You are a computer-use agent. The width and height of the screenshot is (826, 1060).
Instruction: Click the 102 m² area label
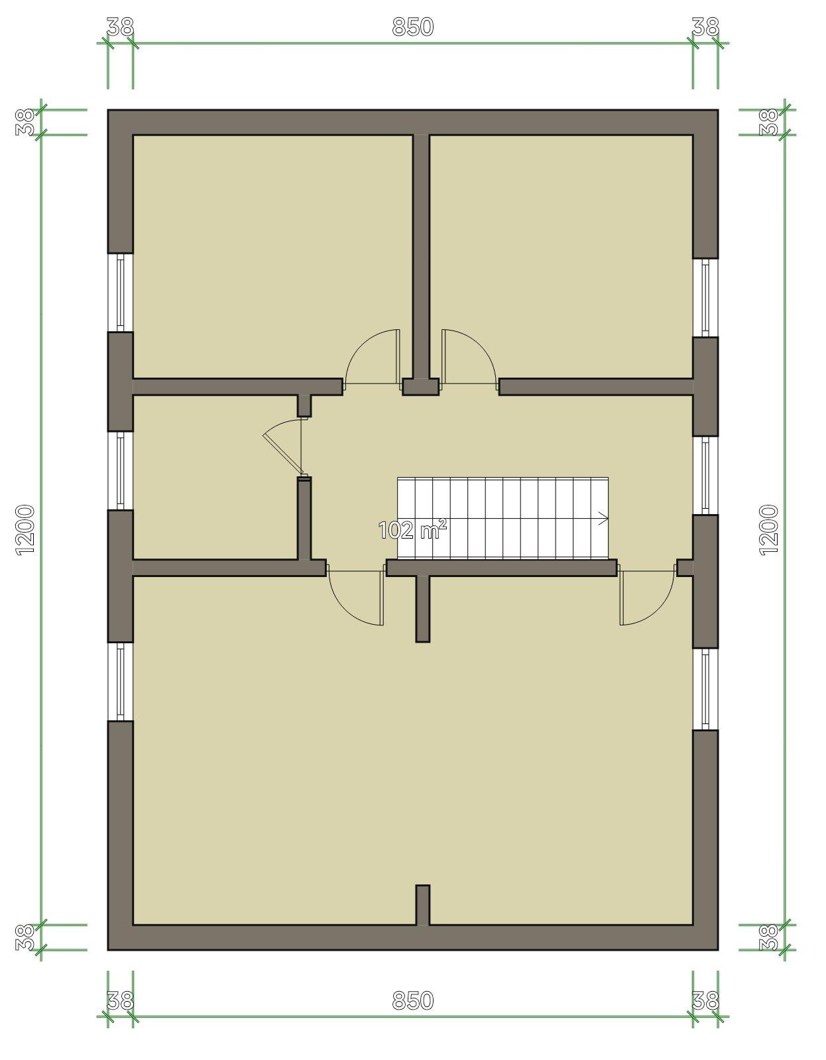[x=412, y=530]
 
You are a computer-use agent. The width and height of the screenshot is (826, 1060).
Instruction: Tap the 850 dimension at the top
[x=413, y=26]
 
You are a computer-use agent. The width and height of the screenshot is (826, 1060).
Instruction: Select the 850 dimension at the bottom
[x=413, y=1000]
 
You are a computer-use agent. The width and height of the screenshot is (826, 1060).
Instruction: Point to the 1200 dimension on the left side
[x=25, y=530]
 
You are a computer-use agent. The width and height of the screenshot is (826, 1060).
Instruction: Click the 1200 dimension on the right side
[x=769, y=530]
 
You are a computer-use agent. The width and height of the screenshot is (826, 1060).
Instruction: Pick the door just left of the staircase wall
[x=356, y=595]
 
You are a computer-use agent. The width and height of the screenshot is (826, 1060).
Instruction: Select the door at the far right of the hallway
[x=648, y=595]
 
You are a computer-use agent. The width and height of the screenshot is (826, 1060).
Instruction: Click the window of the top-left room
[x=121, y=293]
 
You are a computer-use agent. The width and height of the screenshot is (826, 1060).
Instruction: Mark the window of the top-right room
[x=705, y=297]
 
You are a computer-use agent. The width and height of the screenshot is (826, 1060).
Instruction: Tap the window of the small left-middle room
[x=121, y=471]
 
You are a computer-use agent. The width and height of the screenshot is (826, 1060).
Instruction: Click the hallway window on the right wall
[x=705, y=476]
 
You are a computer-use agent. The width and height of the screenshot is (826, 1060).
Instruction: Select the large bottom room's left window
[x=121, y=682]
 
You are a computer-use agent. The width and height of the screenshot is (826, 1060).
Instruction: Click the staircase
[x=502, y=518]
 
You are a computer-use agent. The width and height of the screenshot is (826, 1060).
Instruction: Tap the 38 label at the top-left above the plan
[x=120, y=26]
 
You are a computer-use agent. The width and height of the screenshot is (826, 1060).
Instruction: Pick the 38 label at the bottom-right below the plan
[x=705, y=1000]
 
